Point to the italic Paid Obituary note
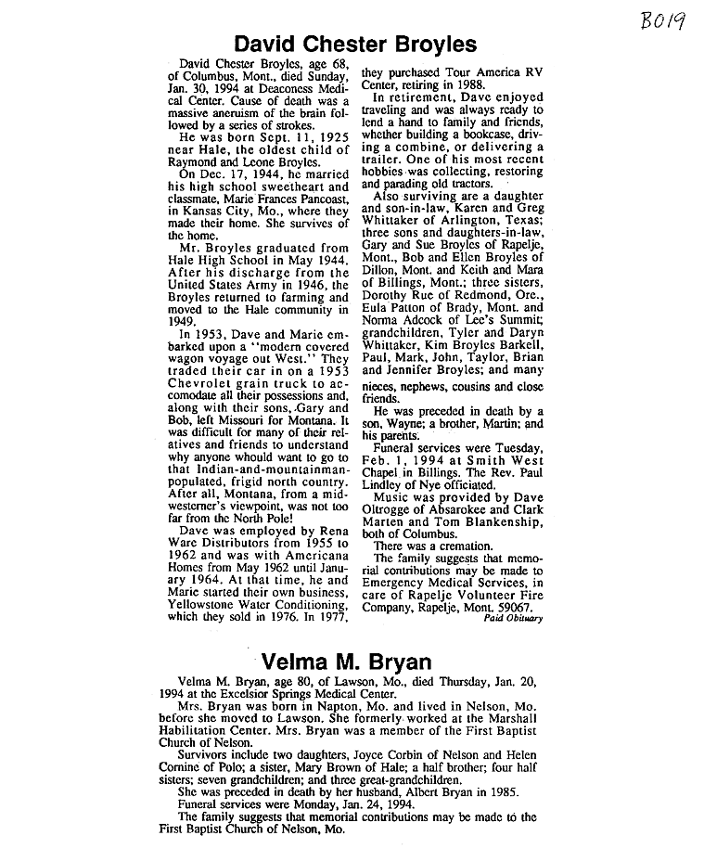(x=513, y=617)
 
